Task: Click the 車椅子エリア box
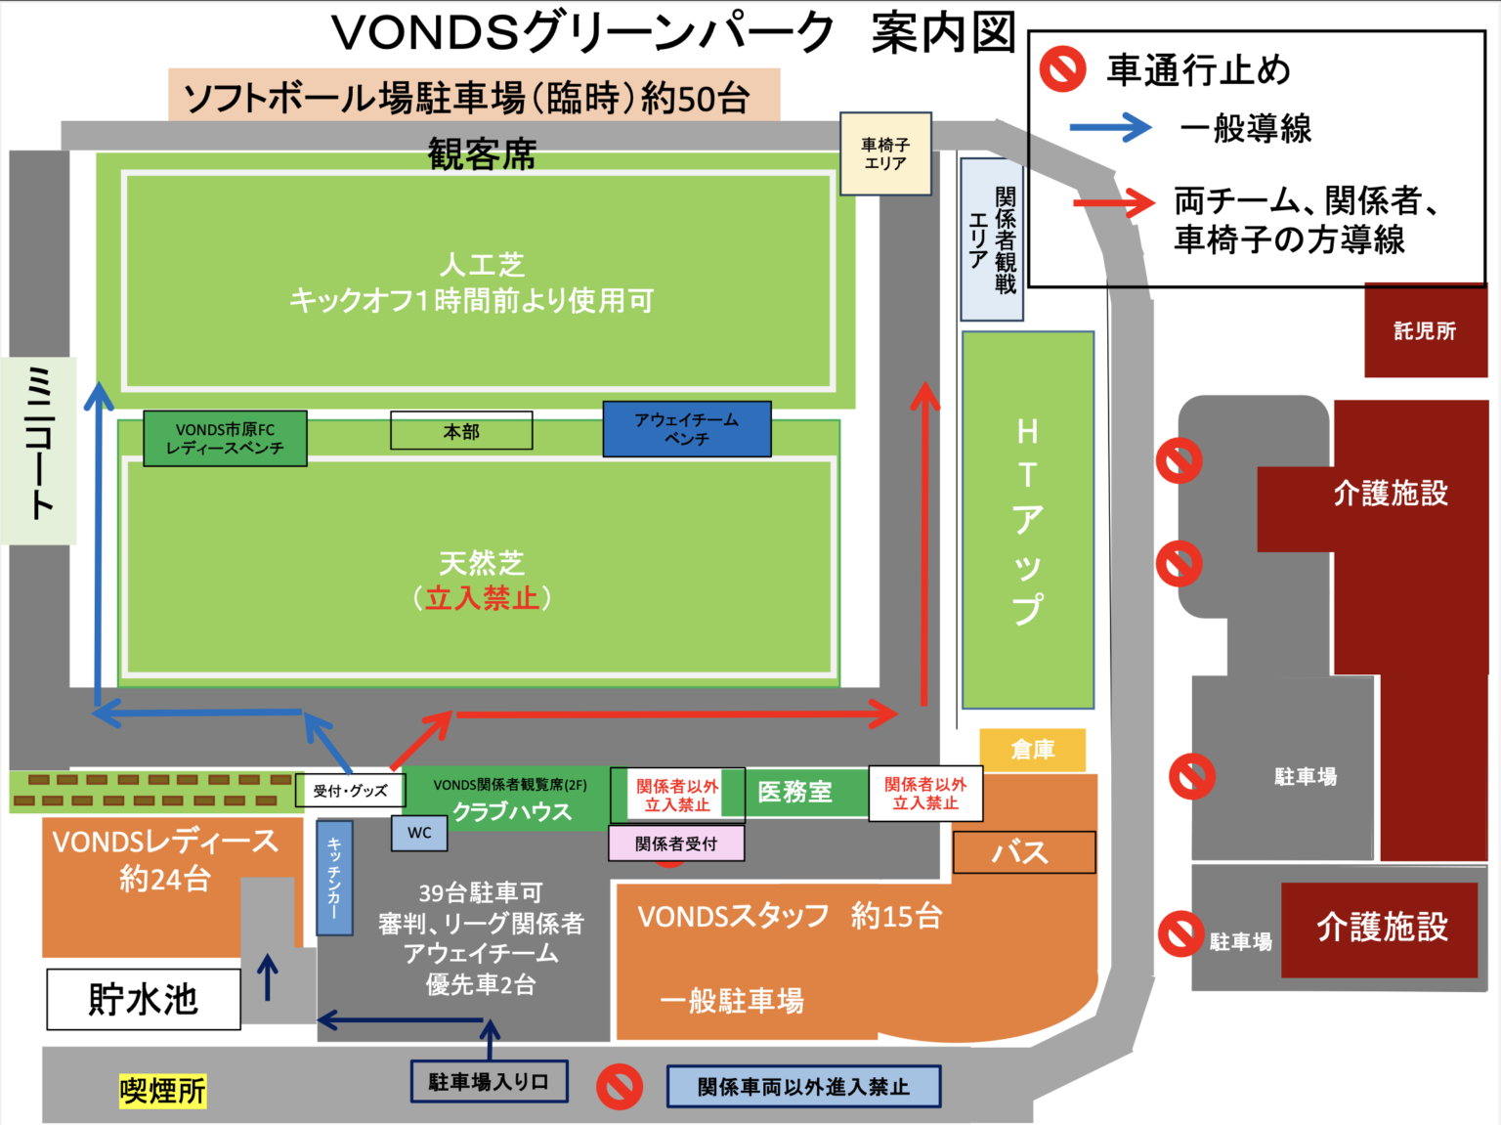pos(885,154)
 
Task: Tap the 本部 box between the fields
pos(461,431)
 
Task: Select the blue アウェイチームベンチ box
pos(686,429)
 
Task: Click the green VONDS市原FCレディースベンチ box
pos(225,438)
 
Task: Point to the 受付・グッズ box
pos(350,791)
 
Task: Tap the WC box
pos(419,833)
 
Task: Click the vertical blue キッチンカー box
pos(334,878)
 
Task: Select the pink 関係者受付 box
pos(676,844)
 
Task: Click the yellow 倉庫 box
pos(1032,750)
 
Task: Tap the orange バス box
pos(1023,852)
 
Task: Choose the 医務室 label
pos(794,792)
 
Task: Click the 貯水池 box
pos(144,999)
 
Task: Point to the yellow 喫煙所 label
pos(162,1091)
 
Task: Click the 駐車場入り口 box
pos(489,1082)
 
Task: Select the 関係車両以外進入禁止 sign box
pos(803,1087)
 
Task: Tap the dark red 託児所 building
pos(1425,331)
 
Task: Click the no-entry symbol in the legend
pos(1062,69)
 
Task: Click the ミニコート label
pos(39,450)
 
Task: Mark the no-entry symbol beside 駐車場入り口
pos(620,1086)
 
